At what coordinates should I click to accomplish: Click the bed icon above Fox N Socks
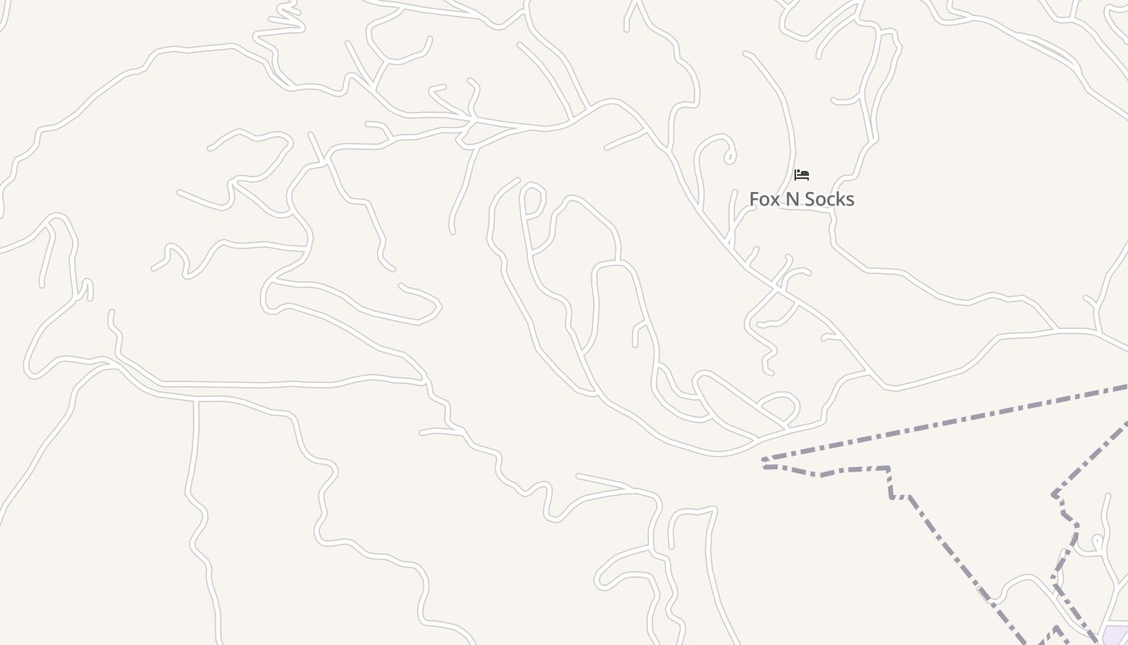pyautogui.click(x=801, y=175)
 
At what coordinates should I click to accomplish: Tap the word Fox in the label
pyautogui.click(x=766, y=199)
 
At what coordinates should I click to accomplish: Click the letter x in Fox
pyautogui.click(x=777, y=199)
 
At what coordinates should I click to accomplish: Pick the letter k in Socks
pyautogui.click(x=838, y=199)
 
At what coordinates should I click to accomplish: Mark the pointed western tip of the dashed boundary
pyautogui.click(x=764, y=463)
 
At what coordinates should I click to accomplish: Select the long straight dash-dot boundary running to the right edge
pyautogui.click(x=967, y=420)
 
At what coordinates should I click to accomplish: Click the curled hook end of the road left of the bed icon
pyautogui.click(x=730, y=153)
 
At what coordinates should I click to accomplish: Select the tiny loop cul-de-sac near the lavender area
pyautogui.click(x=1097, y=540)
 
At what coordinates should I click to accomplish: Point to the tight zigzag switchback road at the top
pyautogui.click(x=282, y=24)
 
